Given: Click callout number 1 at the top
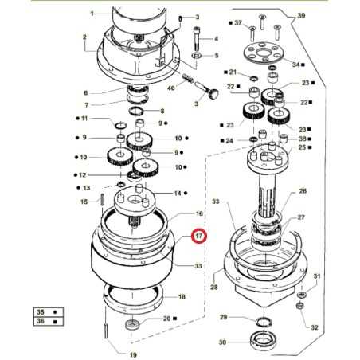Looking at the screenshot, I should coord(92,14).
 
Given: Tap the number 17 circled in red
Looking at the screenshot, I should coord(198,237).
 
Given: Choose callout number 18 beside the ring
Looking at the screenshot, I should coord(182,296).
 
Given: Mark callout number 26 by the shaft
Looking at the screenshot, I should coord(303,191).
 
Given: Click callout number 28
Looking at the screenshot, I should coord(213,287).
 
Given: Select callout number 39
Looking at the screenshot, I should coord(301,16).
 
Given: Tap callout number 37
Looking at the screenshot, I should coord(237,25).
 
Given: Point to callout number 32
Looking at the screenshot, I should coord(315,327).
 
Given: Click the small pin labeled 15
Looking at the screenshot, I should coord(104,200).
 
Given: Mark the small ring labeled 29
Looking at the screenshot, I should coord(262,321).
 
